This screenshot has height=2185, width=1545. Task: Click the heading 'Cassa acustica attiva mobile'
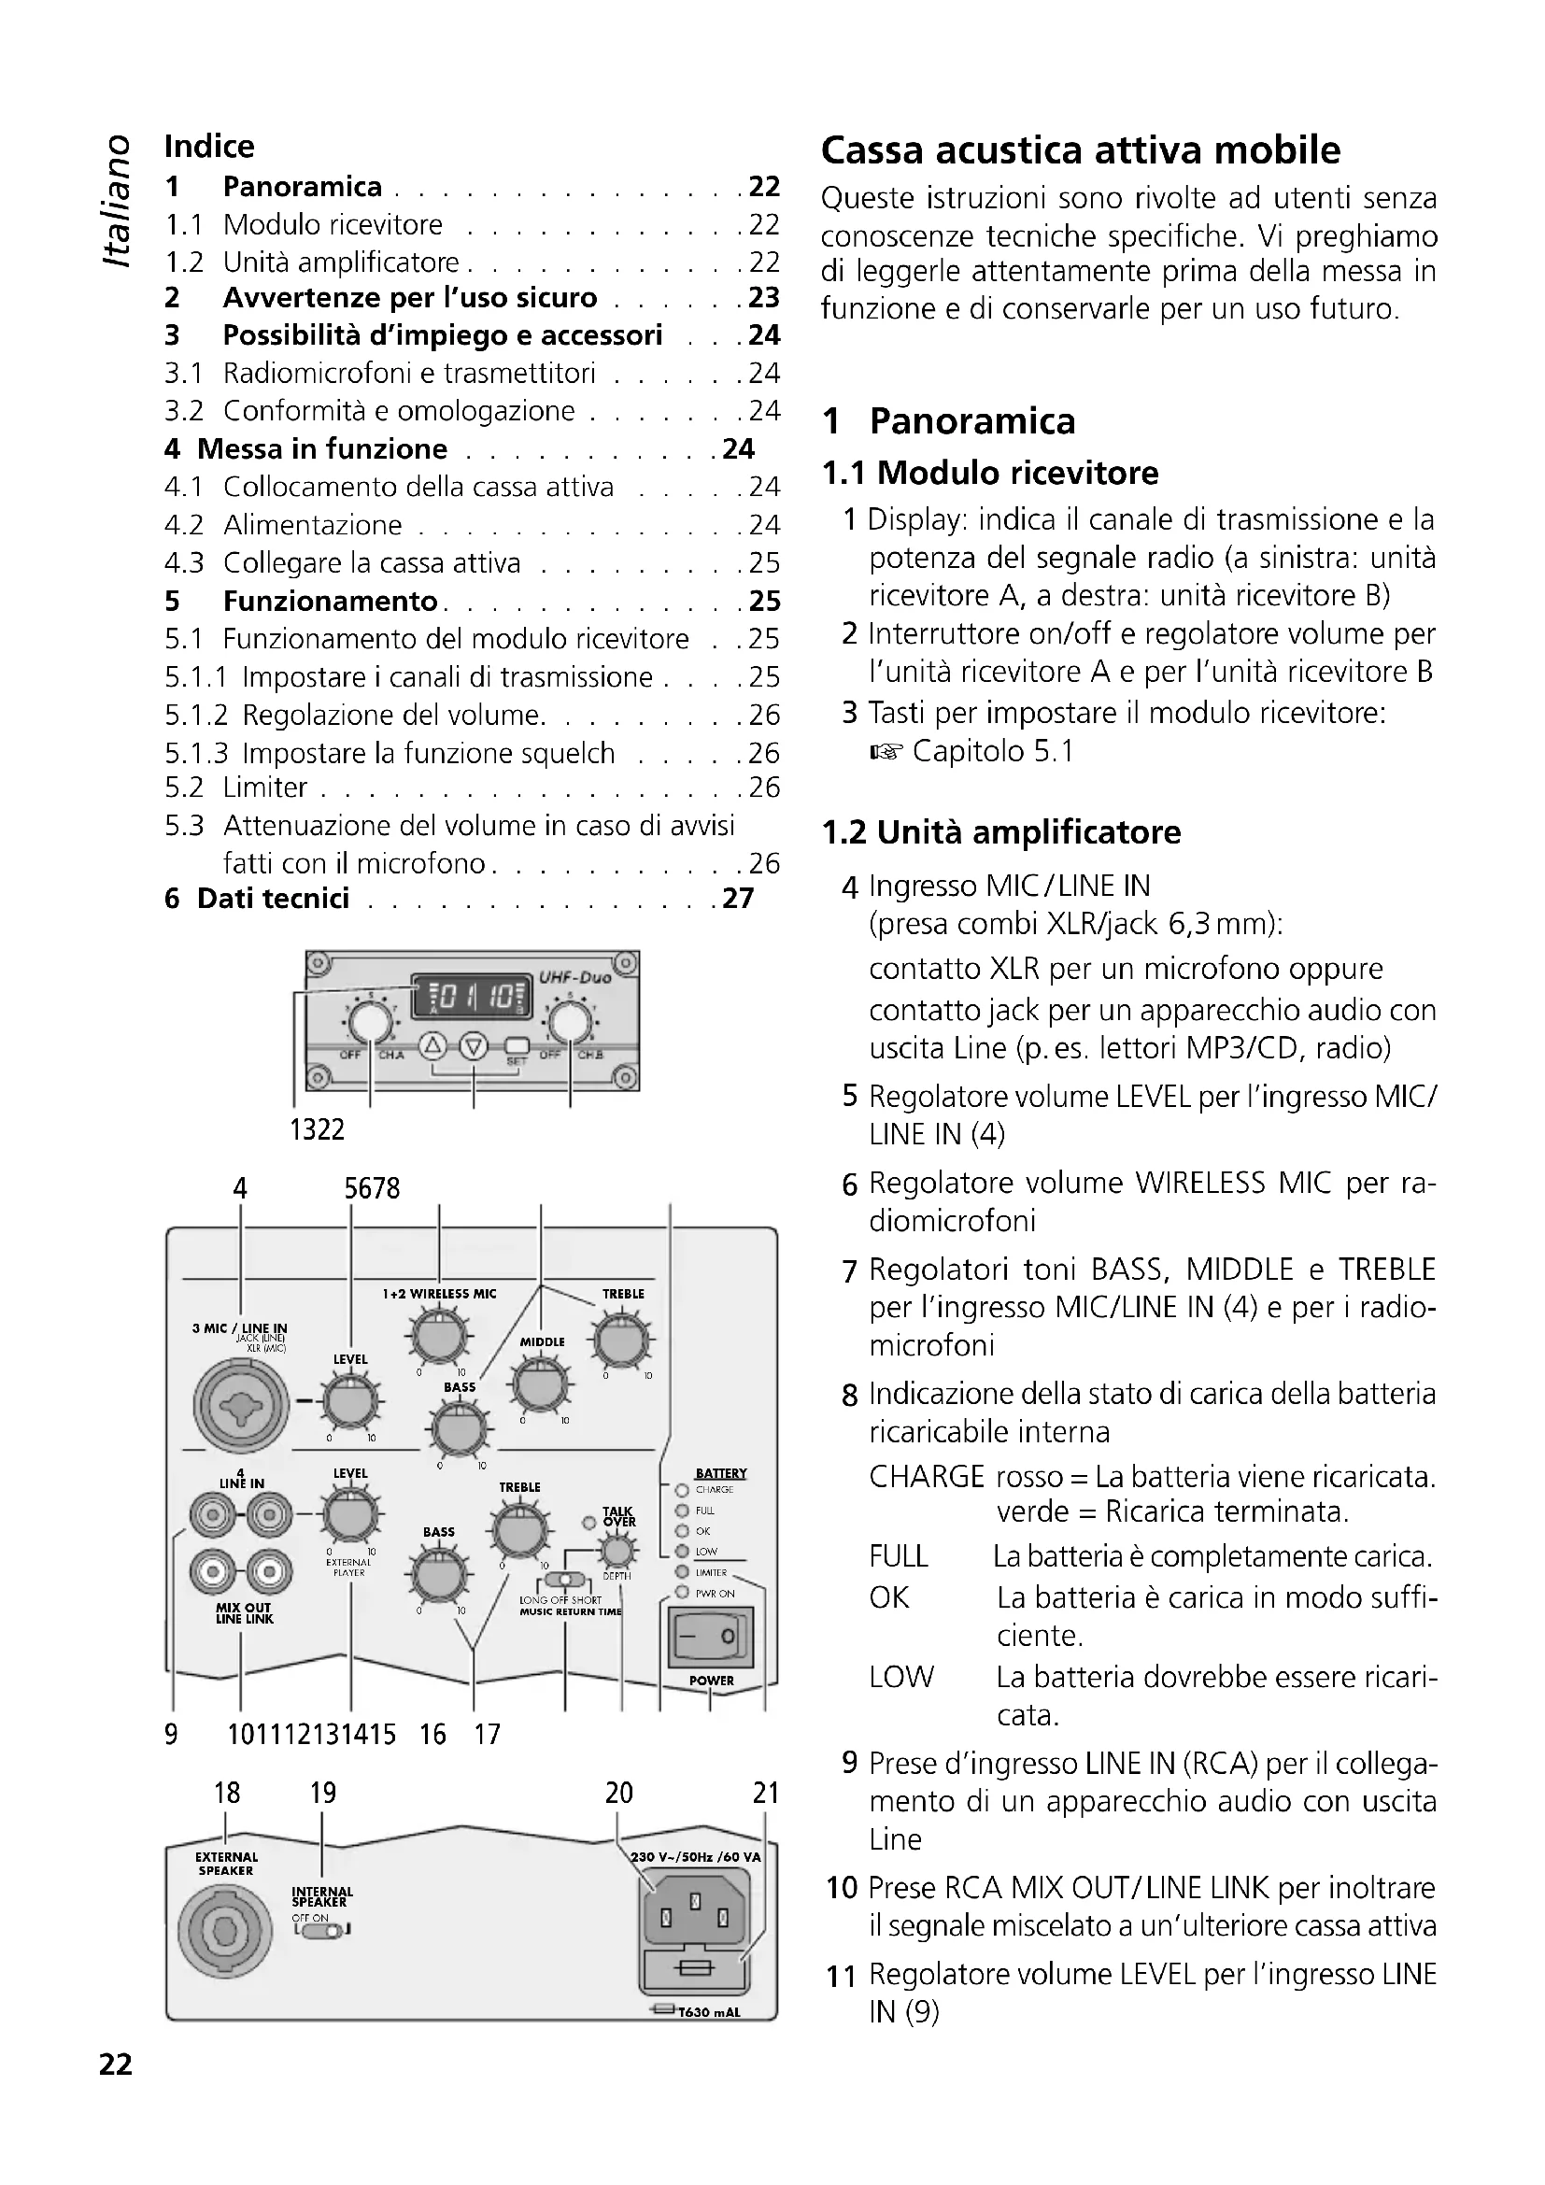1080,150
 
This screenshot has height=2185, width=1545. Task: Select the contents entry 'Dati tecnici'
273,899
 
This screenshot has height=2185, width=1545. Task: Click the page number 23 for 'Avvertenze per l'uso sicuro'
764,298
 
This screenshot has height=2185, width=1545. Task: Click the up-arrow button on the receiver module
432,1045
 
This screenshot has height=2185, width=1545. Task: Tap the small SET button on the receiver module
517,1044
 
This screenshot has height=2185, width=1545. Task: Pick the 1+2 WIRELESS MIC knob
437,1337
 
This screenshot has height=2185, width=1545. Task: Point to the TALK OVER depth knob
618,1554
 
